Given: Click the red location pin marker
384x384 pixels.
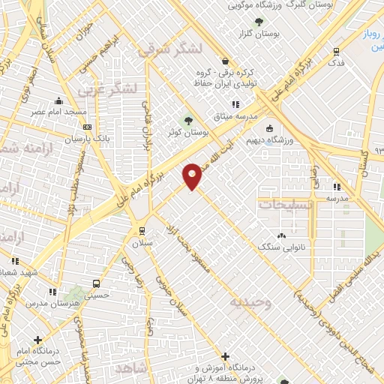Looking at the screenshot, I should [193, 175].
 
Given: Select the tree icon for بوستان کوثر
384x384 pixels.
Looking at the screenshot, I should [188, 120].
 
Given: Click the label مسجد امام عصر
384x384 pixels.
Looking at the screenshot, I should [66, 112].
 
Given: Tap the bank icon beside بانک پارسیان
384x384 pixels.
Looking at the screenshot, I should [88, 127].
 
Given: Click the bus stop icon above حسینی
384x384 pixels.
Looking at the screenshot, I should [95, 283].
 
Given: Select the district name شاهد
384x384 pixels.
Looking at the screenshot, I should [133, 369].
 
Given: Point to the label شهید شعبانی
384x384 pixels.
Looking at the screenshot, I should [20, 271].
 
